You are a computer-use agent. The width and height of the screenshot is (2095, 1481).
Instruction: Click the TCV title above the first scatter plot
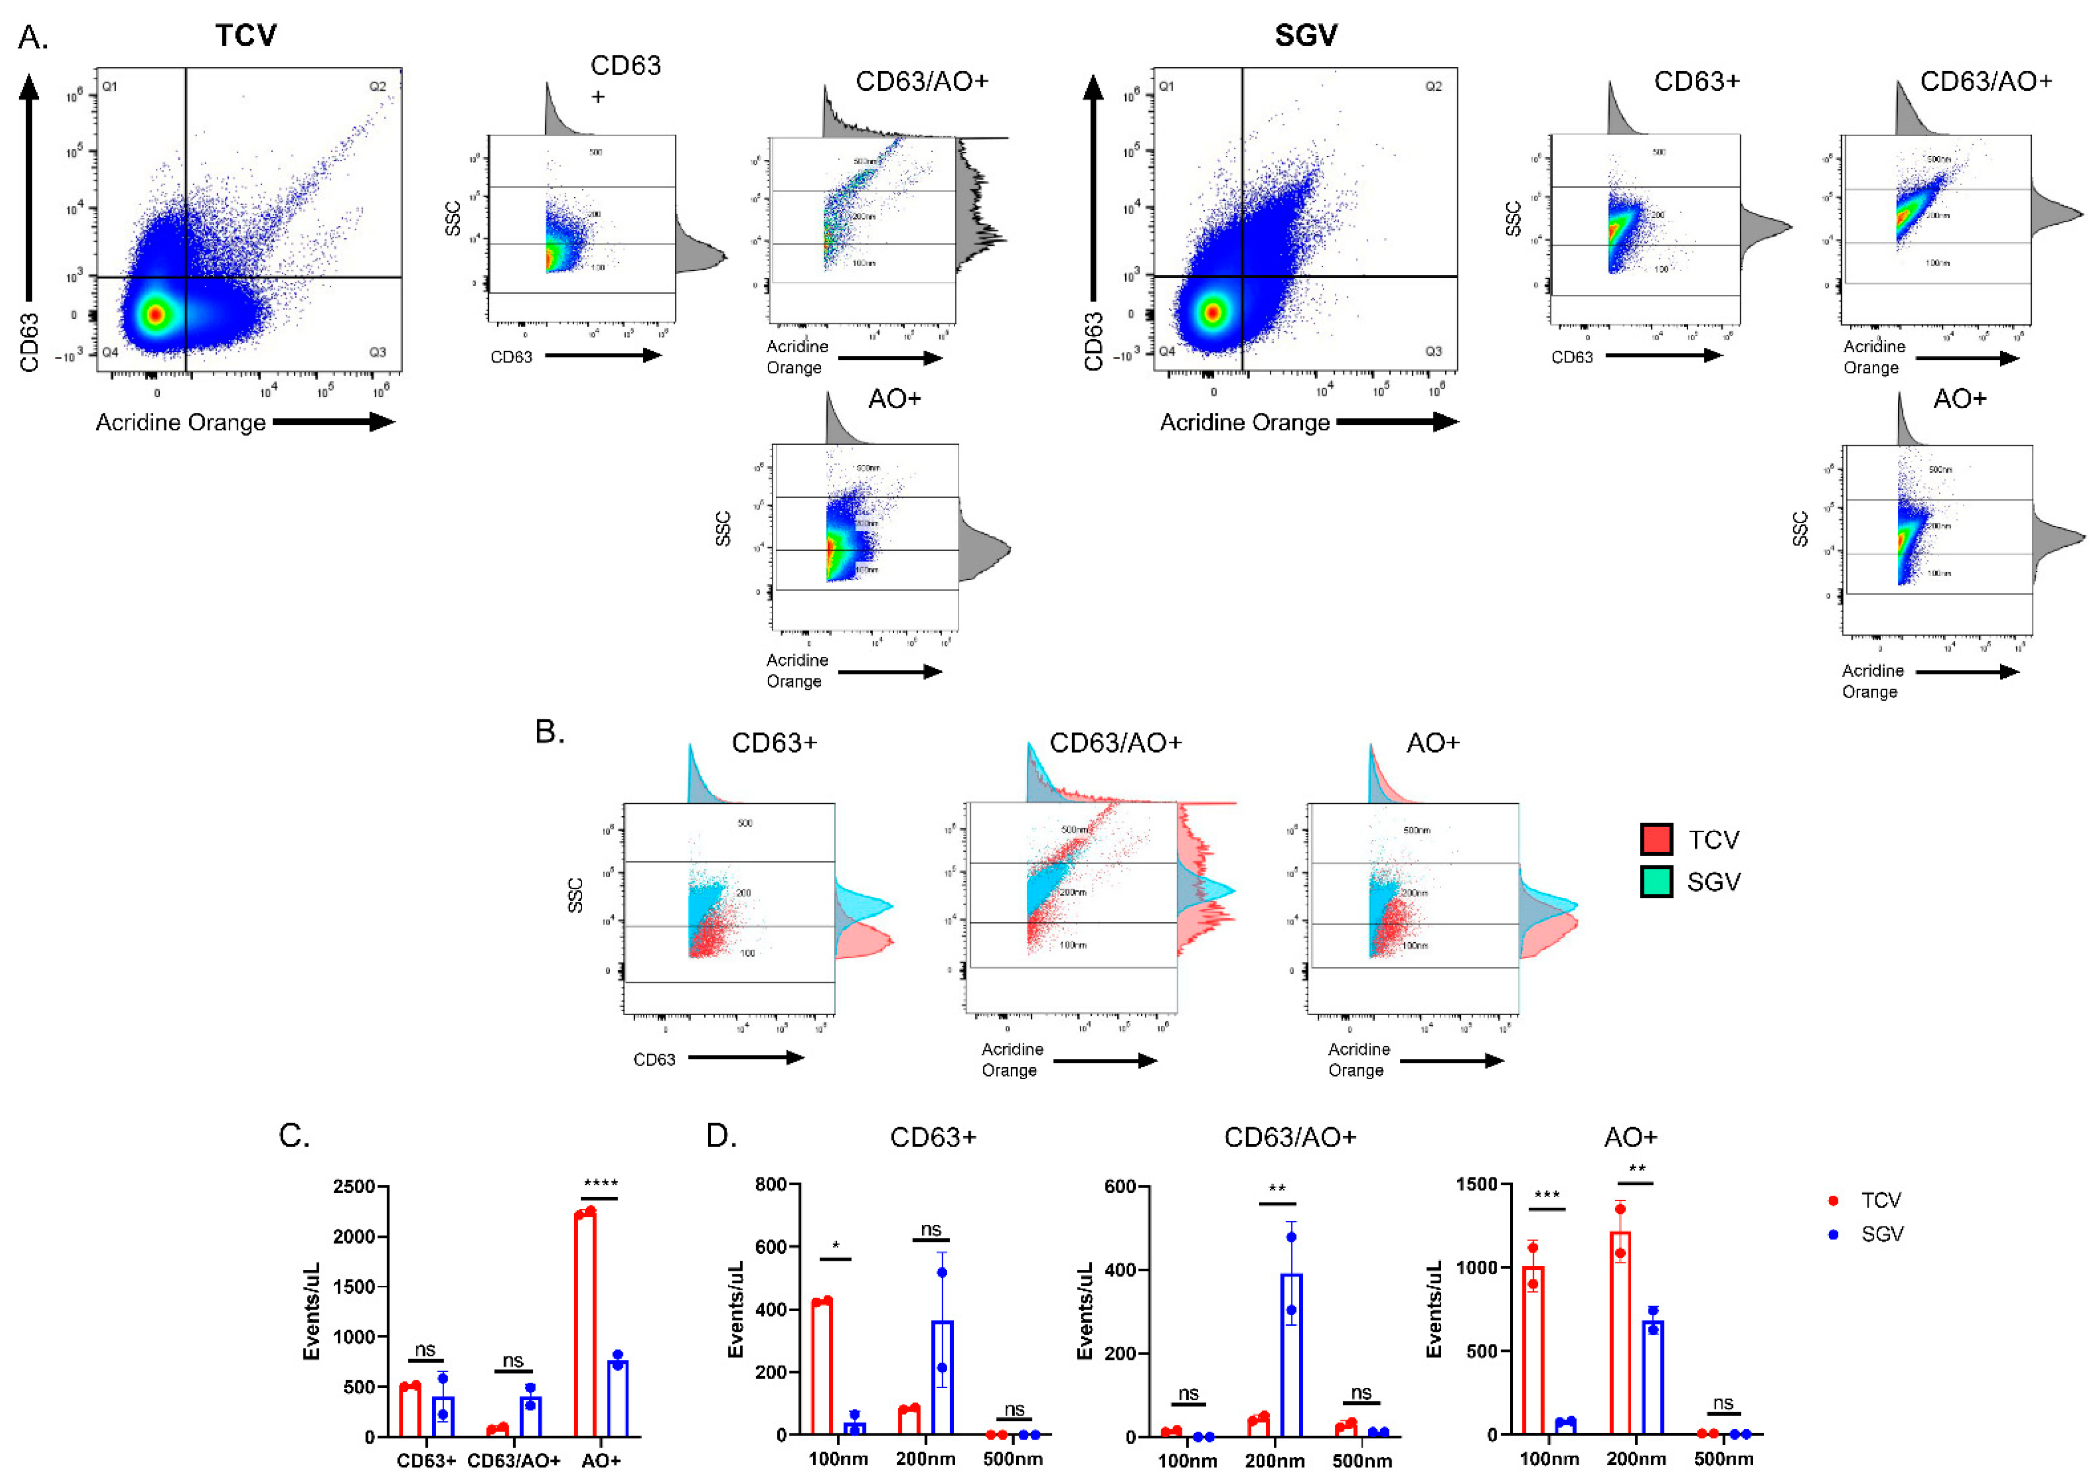[245, 36]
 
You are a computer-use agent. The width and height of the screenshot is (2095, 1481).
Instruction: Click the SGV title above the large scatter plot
[1306, 36]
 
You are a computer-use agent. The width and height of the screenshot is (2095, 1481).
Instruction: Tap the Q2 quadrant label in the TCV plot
[378, 87]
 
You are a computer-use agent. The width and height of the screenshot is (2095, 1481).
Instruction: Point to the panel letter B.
[549, 732]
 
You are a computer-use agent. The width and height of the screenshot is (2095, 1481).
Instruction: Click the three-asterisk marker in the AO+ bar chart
[1547, 1195]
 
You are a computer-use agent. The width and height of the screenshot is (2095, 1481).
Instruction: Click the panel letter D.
[721, 1136]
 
